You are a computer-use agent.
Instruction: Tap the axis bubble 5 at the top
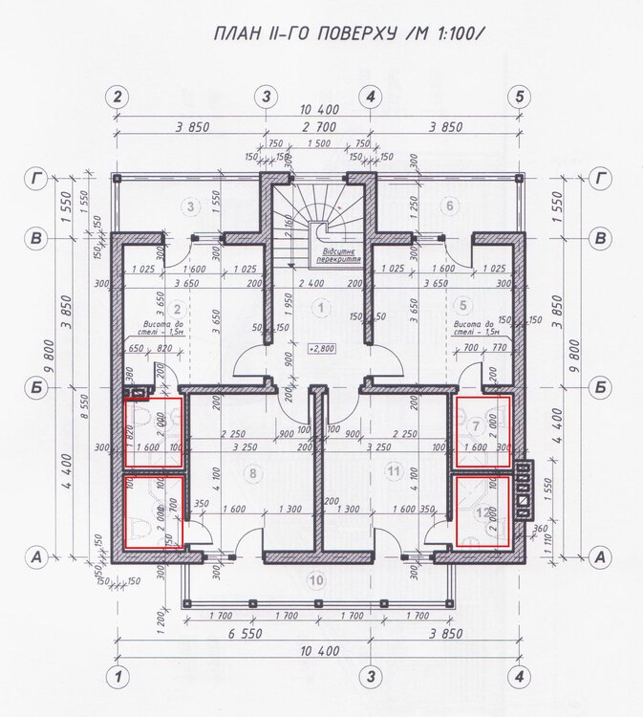[x=519, y=97]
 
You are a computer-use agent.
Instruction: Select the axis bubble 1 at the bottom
[x=118, y=677]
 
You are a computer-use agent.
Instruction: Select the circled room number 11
[x=393, y=471]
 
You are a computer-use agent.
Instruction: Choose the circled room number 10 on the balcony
[x=316, y=579]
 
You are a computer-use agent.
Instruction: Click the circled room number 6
[x=446, y=206]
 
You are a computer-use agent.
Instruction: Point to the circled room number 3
[x=191, y=206]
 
